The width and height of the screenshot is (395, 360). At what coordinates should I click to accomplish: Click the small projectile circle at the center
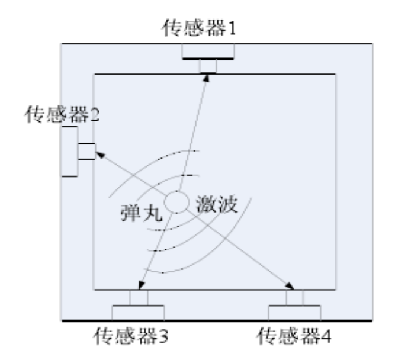pyautogui.click(x=176, y=202)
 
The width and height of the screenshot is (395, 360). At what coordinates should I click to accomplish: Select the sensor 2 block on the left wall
pyautogui.click(x=69, y=151)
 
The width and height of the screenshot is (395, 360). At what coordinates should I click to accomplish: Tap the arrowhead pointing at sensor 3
pyautogui.click(x=140, y=285)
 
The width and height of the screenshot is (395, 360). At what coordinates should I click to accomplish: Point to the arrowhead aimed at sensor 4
pyautogui.click(x=288, y=285)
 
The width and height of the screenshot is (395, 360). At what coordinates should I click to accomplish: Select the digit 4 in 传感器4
pyautogui.click(x=326, y=337)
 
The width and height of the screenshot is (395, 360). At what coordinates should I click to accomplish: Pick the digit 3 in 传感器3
pyautogui.click(x=164, y=337)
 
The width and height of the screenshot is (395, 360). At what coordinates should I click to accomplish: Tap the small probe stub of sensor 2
pyautogui.click(x=86, y=152)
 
